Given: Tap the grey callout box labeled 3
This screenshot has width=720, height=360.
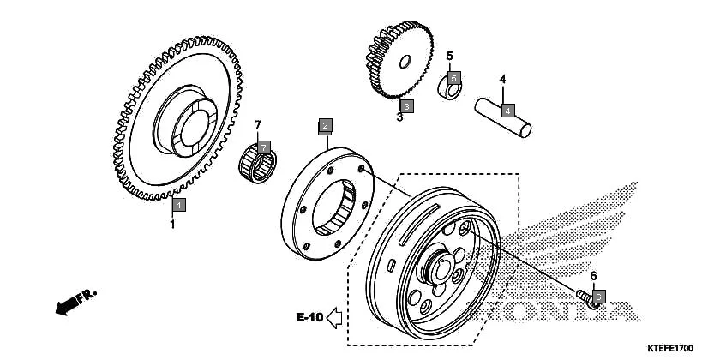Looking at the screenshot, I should tap(407, 106).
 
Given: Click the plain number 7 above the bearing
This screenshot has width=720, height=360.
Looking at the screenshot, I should tap(257, 125).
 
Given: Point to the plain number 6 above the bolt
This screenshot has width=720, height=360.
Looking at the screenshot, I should tap(592, 276).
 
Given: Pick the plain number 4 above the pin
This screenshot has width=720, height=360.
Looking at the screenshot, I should tap(503, 80).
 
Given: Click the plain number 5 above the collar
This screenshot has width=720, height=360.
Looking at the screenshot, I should tap(449, 57).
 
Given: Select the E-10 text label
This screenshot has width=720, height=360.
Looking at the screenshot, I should tap(309, 318).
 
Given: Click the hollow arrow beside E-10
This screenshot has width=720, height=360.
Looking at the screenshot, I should tap(335, 318).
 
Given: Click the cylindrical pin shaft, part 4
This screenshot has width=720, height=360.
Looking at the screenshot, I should tap(505, 117).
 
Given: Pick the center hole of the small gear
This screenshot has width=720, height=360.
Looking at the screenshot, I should tap(405, 61).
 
